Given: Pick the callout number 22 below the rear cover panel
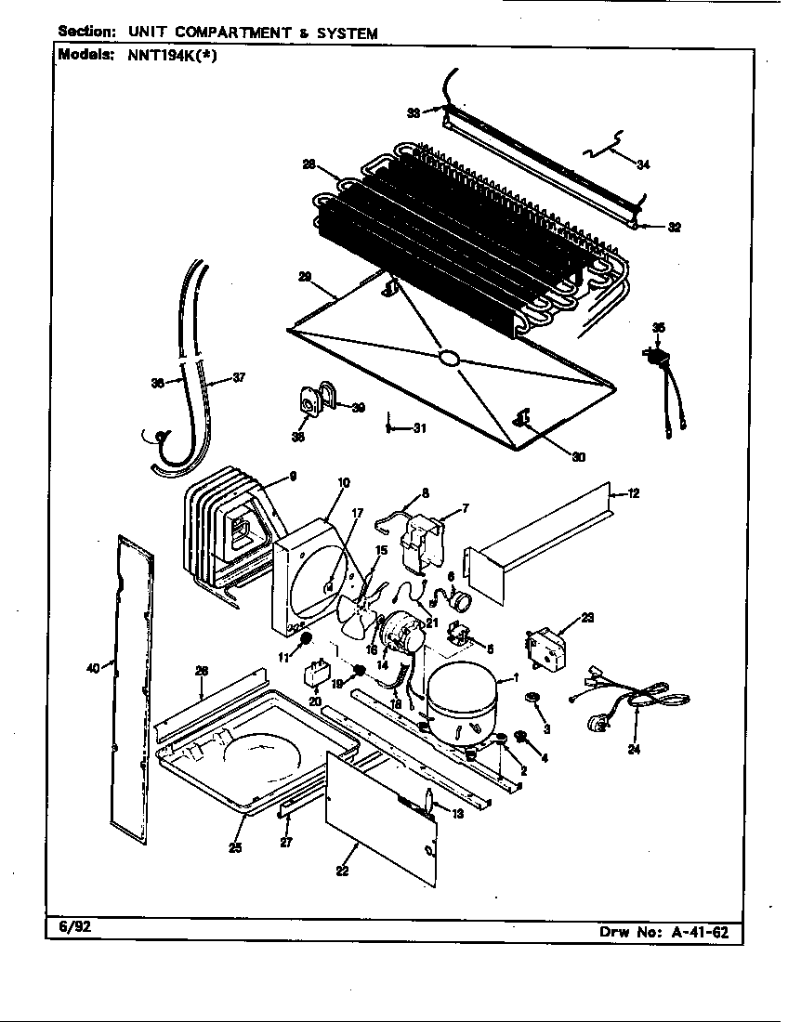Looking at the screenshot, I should tap(342, 871).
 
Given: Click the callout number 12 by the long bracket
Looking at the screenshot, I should tap(633, 493).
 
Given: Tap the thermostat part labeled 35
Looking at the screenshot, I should tap(658, 355).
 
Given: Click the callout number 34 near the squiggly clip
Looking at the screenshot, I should tap(643, 164).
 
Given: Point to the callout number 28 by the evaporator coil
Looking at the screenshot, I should tap(308, 164).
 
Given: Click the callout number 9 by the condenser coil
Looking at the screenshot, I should tap(292, 477).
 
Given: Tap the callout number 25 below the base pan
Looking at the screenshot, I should tap(236, 846).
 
